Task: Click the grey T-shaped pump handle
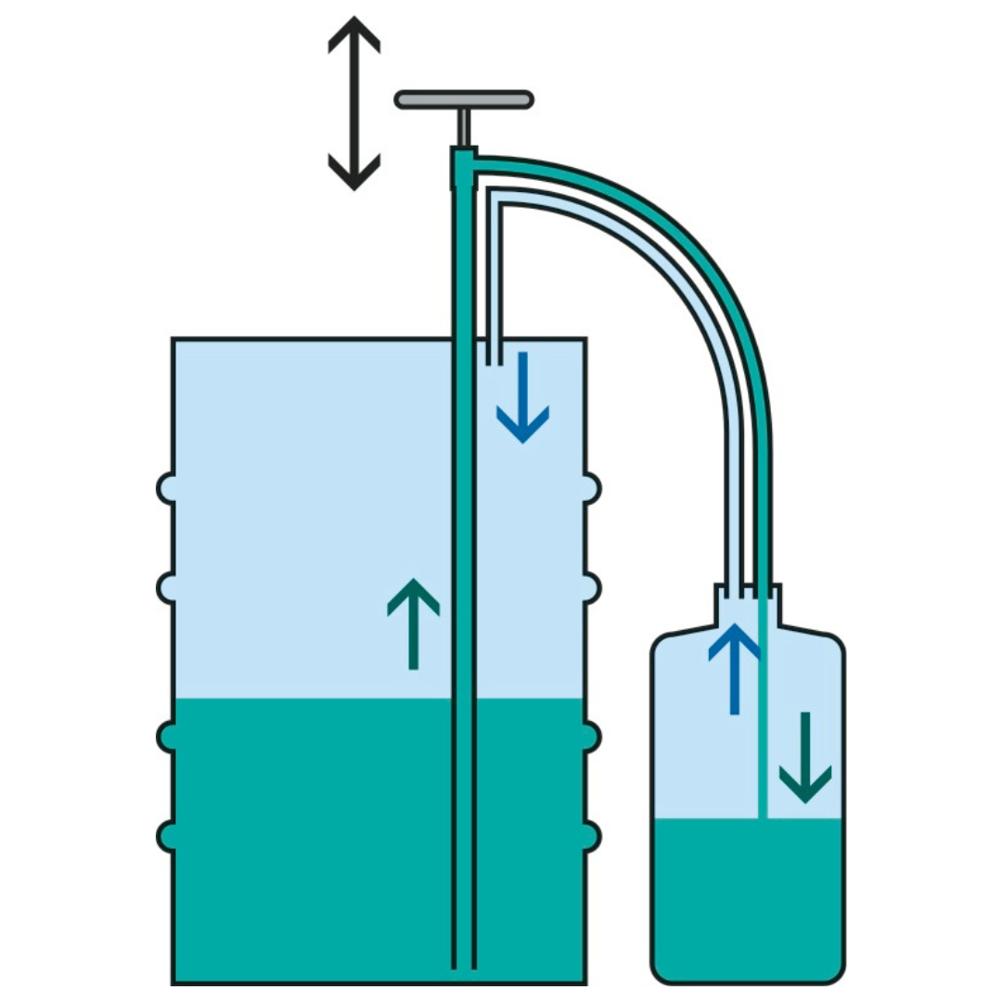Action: click(x=464, y=99)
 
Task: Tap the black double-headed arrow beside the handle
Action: click(x=353, y=102)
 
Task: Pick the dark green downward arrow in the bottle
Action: click(x=804, y=757)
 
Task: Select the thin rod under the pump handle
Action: click(x=464, y=127)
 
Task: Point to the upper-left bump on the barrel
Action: click(x=166, y=487)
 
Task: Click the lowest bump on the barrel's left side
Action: click(x=166, y=836)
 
